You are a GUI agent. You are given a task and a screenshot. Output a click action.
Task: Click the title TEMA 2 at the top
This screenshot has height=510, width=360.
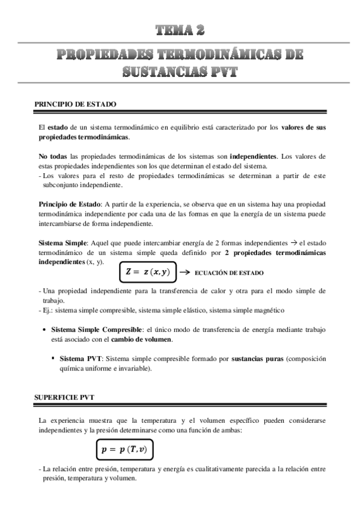coord(180,30)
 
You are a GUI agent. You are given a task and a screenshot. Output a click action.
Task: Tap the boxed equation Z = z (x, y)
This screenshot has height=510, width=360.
coord(148,272)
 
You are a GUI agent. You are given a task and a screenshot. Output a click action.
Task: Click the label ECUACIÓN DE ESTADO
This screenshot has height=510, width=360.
coord(229,273)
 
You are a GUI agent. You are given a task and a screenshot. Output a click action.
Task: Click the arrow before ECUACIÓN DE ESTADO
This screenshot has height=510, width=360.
coord(185,272)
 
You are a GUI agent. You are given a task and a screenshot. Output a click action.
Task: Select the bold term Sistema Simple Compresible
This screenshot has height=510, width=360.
coord(96,330)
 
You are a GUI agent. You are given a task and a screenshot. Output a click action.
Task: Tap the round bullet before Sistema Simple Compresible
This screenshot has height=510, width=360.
coord(46,330)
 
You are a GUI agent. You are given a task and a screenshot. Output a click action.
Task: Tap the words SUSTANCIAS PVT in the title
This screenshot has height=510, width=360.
coord(180,72)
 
